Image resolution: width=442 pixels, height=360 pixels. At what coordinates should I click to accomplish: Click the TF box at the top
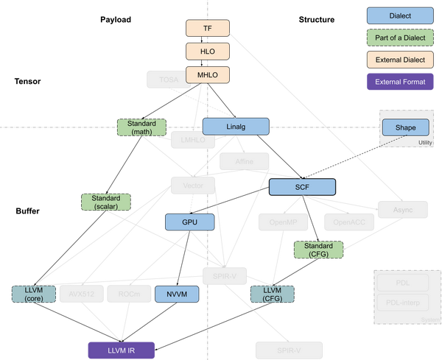pos(207,28)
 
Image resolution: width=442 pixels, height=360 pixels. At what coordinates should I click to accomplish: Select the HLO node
pos(207,52)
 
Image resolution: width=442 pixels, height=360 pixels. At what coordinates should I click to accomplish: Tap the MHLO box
pos(207,74)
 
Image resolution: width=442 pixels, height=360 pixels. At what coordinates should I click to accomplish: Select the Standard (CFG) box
pos(319,250)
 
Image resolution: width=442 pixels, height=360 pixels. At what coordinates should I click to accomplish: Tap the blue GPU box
pos(188,222)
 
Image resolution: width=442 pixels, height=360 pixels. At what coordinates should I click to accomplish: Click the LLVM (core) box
pos(33,294)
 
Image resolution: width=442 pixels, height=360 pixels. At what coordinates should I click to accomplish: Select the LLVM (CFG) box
pos(273,294)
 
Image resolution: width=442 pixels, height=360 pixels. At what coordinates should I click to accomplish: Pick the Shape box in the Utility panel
pos(404,127)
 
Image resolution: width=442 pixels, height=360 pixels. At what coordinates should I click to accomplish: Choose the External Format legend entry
pos(399,80)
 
